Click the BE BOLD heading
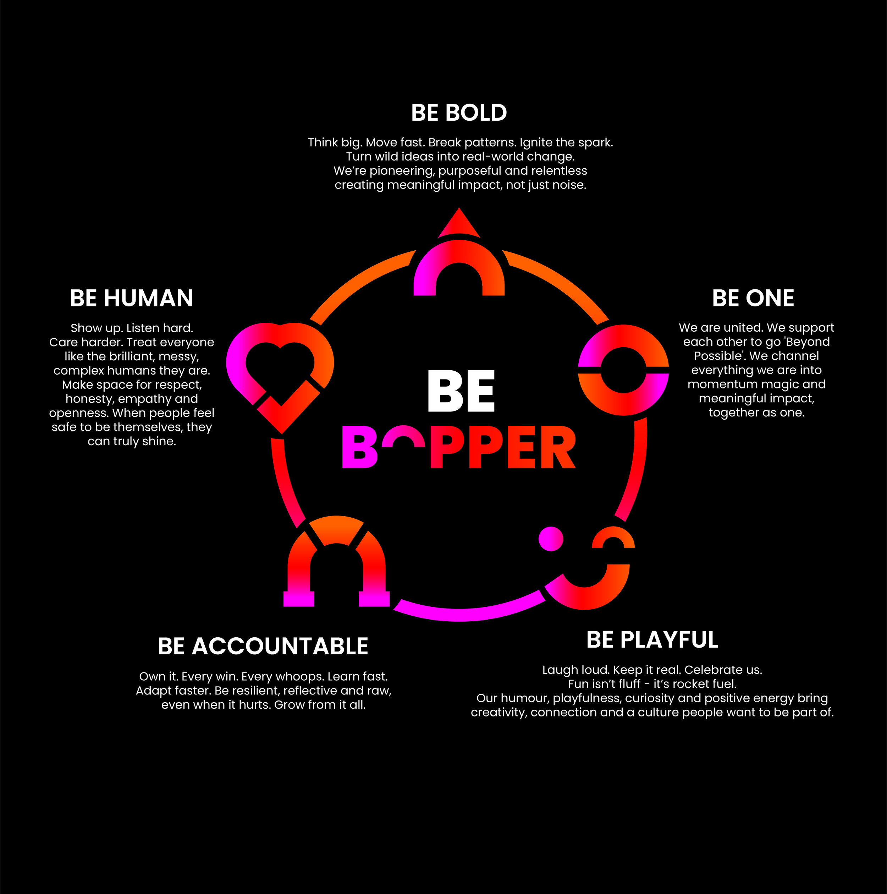point(459,113)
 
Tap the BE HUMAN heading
point(131,298)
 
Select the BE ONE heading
point(753,298)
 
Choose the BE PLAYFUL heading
point(652,640)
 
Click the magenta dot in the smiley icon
point(551,539)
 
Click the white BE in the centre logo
point(461,391)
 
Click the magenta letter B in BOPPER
point(359,447)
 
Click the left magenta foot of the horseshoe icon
point(299,599)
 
